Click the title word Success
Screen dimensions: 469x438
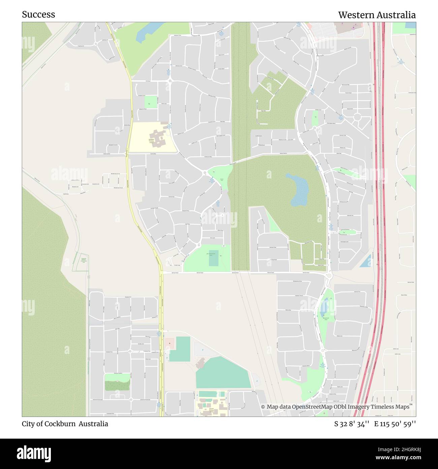pyautogui.click(x=38, y=15)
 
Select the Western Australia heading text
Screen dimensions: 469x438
pyautogui.click(x=377, y=15)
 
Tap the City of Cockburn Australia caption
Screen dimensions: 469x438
pyautogui.click(x=65, y=424)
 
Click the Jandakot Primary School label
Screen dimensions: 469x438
pyautogui.click(x=151, y=141)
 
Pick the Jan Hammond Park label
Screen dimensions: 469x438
pyautogui.click(x=211, y=255)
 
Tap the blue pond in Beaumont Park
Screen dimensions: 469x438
pyautogui.click(x=324, y=307)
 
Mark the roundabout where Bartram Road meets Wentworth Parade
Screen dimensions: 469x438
pyautogui.click(x=329, y=276)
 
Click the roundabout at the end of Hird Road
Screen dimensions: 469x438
pyautogui.click(x=170, y=81)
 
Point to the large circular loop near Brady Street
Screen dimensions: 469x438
pyautogui.click(x=357, y=117)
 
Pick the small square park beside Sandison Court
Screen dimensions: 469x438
pyautogui.click(x=151, y=102)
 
